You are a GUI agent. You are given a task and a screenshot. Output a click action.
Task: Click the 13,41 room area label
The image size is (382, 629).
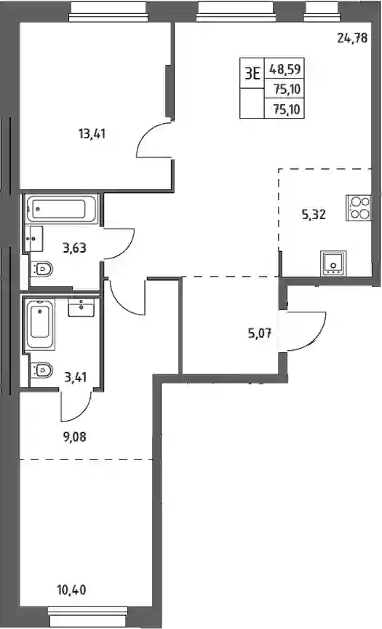92,133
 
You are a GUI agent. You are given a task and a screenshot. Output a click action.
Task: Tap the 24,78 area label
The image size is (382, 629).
352,39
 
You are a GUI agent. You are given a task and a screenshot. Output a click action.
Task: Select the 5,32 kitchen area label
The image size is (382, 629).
314,215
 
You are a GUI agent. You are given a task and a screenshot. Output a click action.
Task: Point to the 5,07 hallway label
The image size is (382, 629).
259,333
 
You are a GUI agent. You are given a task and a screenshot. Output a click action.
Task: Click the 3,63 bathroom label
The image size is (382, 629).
74,248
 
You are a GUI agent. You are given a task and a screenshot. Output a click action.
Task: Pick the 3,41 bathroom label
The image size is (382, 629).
76,377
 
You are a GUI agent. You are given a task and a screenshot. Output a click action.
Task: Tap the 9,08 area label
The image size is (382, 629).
74,437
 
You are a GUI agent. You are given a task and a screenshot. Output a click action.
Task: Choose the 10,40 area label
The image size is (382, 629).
72,590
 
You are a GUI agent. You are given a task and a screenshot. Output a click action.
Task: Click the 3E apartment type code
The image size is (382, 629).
252,74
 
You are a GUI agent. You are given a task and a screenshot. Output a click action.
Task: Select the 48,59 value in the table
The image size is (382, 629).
285,69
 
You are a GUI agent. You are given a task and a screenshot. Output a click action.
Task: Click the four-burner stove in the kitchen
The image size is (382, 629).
359,207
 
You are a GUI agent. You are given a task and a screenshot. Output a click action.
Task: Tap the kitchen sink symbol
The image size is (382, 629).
333,263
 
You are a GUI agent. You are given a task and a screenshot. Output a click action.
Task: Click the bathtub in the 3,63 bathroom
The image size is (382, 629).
62,209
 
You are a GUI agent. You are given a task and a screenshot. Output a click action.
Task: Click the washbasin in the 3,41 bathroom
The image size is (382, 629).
81,307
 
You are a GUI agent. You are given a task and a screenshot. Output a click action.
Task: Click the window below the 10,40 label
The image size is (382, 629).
88,613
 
